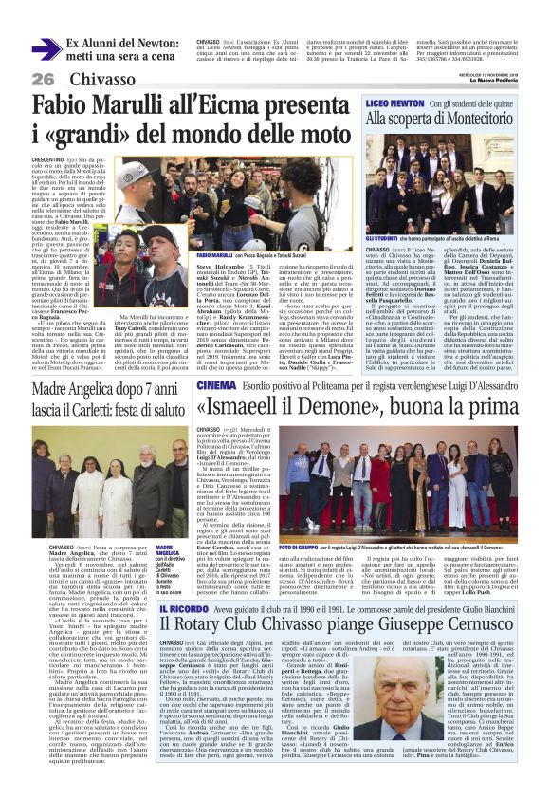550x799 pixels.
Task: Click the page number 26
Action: coord(43,78)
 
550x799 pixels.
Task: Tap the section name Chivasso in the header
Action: coord(102,78)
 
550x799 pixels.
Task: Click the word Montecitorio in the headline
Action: coord(473,120)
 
